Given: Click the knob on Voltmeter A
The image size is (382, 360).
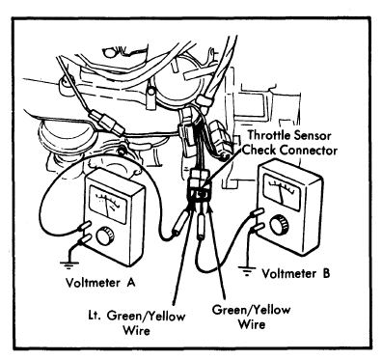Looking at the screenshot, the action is (x=105, y=236).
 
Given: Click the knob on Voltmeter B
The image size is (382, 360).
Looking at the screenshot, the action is (x=279, y=225).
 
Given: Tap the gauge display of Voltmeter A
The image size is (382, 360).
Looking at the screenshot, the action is (x=108, y=205).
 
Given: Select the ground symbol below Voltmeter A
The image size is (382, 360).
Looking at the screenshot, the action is (x=68, y=264).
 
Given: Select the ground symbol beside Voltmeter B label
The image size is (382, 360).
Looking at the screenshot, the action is (x=247, y=271).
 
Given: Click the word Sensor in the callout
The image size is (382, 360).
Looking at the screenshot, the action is (x=310, y=135).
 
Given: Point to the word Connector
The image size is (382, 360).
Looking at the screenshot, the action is (x=308, y=151).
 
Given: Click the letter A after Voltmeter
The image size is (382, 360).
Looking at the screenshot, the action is (x=130, y=283).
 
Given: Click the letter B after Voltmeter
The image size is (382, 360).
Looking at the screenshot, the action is (x=325, y=273).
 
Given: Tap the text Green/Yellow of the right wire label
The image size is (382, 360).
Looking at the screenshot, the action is (x=252, y=310).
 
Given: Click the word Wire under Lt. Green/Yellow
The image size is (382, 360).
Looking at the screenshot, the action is (x=137, y=330).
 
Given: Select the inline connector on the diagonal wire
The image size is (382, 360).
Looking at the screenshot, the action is (x=107, y=123).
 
